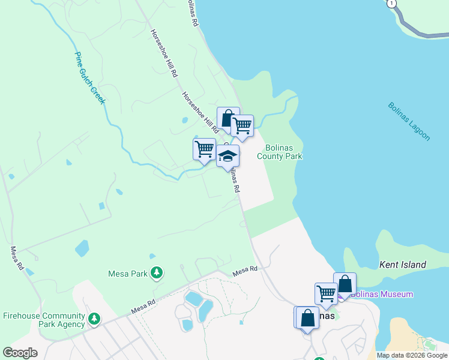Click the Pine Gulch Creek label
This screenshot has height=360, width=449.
click(x=89, y=78)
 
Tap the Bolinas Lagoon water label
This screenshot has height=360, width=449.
click(x=409, y=121)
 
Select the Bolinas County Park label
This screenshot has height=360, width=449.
click(x=279, y=152)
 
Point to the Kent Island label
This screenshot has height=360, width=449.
click(x=403, y=265)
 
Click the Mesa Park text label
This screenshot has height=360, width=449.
click(x=127, y=274)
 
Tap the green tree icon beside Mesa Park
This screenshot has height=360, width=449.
click(x=156, y=274)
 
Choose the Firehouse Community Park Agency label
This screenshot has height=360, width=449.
click(x=43, y=320)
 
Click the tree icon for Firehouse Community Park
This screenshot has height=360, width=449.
click(x=94, y=319)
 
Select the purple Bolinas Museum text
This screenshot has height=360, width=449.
click(x=382, y=294)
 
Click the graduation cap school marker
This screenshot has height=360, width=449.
click(x=228, y=157)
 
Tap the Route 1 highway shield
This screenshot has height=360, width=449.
click(x=392, y=4)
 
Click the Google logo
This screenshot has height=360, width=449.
click(x=20, y=353)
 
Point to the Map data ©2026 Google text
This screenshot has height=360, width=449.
click(x=412, y=355)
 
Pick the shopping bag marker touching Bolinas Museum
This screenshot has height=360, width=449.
click(x=345, y=284)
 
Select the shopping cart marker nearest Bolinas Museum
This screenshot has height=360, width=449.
click(x=326, y=294)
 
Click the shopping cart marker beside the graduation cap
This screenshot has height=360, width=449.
click(x=205, y=148)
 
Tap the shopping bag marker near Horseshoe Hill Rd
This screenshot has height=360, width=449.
click(x=227, y=118)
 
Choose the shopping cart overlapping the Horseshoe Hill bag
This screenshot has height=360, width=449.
click(x=243, y=126)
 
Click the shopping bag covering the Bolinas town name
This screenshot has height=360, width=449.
click(x=307, y=318)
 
